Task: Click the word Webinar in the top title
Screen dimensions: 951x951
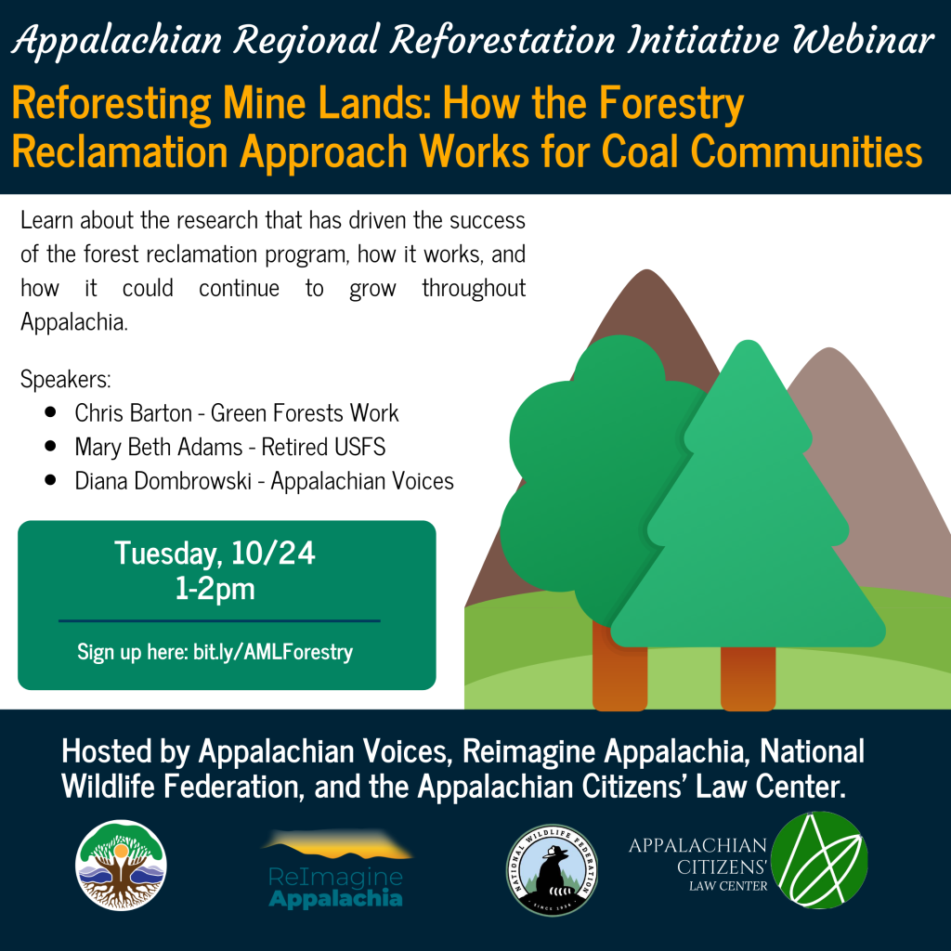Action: [863, 40]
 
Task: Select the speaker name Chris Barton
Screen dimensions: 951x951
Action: [134, 413]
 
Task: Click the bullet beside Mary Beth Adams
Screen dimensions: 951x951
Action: [50, 447]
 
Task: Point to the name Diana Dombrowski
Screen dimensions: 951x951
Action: [163, 481]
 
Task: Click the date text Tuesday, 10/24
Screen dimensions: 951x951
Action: [215, 554]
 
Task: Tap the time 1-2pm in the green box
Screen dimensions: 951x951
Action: [215, 589]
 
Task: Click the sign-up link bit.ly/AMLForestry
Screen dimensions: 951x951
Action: [273, 652]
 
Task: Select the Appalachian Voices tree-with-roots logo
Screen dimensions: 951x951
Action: [121, 865]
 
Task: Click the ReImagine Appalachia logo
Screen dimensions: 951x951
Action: [337, 868]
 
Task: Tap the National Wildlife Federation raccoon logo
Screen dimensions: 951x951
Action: [552, 869]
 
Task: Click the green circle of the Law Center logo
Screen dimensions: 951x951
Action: [820, 860]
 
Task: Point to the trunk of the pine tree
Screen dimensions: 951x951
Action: [748, 678]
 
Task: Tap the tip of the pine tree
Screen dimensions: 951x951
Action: [748, 342]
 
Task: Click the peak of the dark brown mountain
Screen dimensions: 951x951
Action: [646, 270]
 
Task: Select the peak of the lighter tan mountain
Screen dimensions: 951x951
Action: [828, 349]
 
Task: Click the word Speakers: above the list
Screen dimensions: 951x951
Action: [66, 380]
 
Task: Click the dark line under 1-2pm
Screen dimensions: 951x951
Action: [219, 621]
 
